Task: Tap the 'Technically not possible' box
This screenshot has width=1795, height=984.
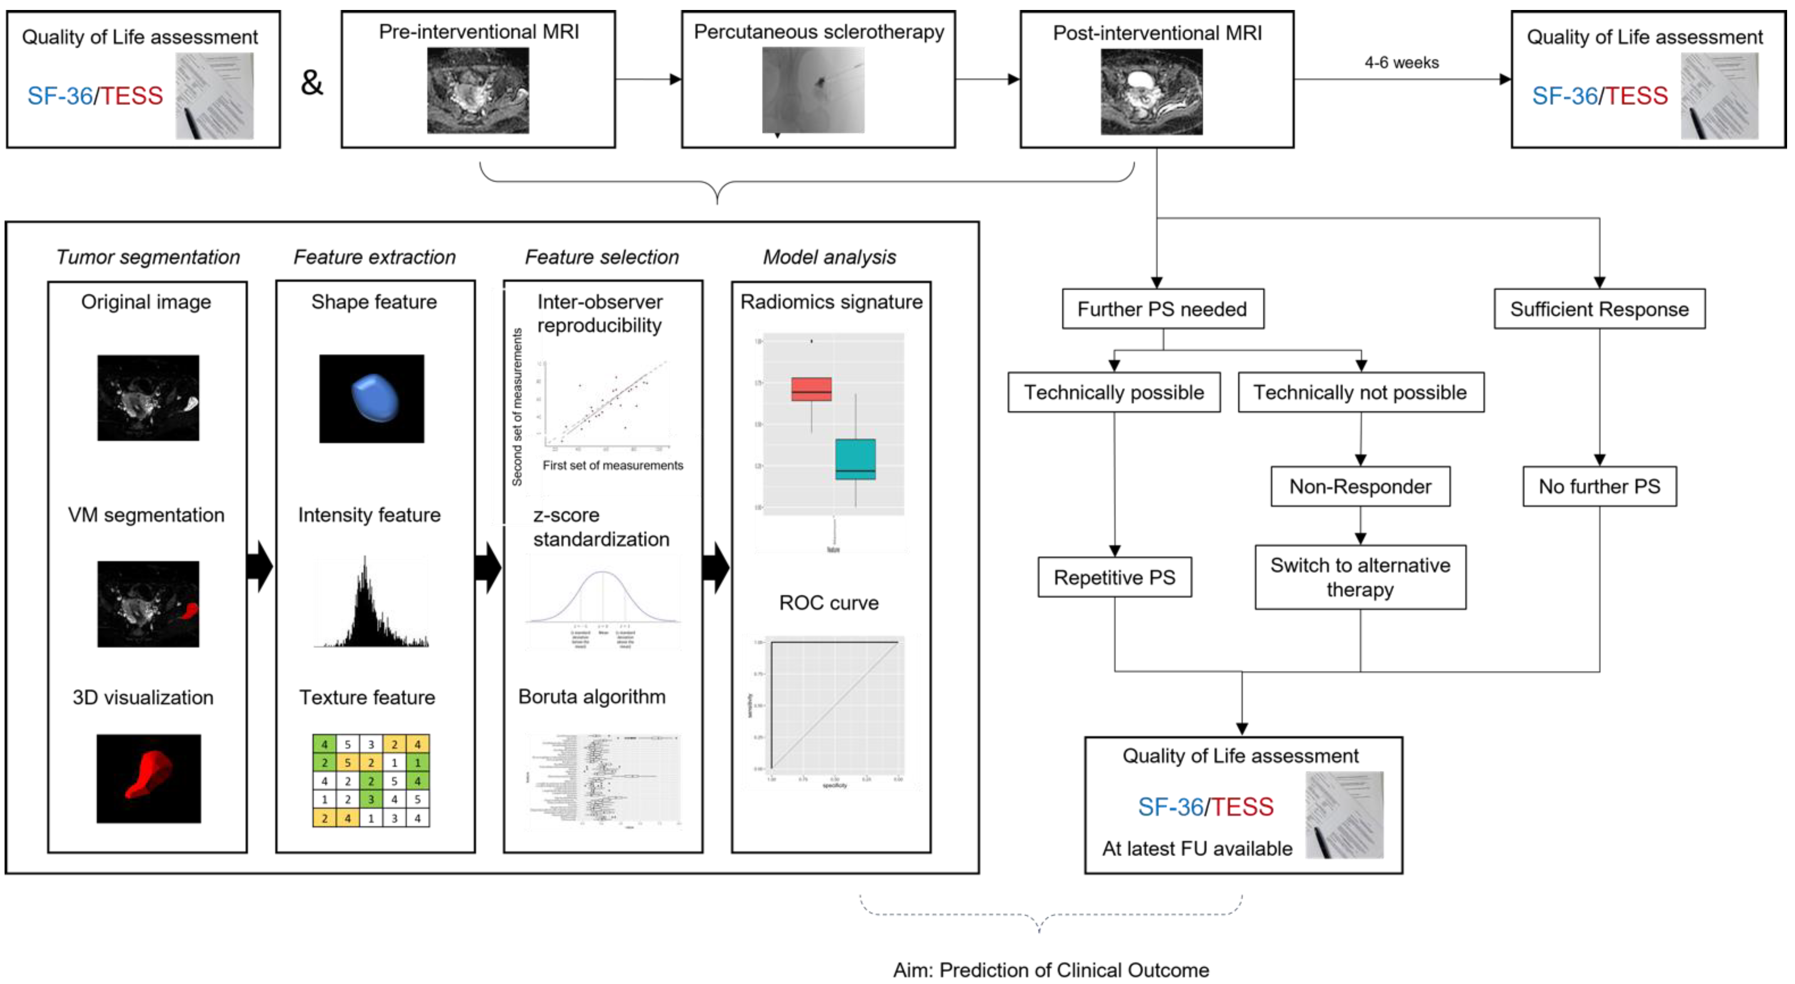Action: click(x=1360, y=393)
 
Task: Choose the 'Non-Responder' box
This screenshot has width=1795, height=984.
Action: click(x=1360, y=487)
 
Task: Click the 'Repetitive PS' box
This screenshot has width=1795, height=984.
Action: click(x=1114, y=577)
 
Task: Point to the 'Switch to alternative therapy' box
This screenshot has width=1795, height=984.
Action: click(x=1360, y=577)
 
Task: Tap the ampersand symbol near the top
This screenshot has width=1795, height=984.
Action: click(x=311, y=82)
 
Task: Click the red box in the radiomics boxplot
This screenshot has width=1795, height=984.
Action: click(x=811, y=389)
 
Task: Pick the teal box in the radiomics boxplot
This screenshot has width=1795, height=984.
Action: click(x=855, y=459)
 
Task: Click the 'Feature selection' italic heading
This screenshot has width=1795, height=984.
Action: click(x=601, y=257)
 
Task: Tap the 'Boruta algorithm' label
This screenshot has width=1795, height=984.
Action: click(x=591, y=697)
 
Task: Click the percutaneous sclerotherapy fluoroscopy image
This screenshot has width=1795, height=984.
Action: click(x=812, y=89)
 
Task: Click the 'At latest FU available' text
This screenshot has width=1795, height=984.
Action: click(x=1197, y=848)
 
